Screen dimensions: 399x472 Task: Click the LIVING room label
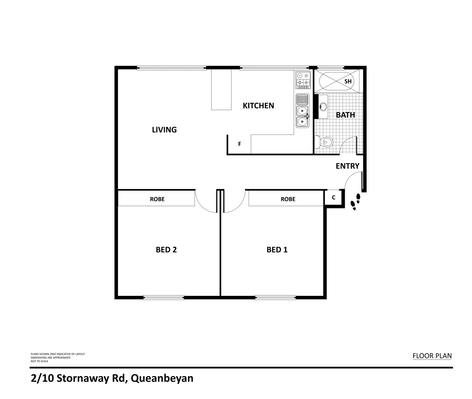(x=164, y=130)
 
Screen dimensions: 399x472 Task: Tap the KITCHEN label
(x=258, y=106)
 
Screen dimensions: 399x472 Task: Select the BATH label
(x=345, y=115)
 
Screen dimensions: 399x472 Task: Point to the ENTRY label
(x=347, y=166)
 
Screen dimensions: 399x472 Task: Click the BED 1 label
(x=277, y=250)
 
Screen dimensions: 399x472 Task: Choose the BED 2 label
(x=166, y=250)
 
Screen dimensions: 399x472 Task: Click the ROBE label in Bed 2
(x=157, y=199)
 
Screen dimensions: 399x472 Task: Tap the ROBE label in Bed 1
(x=288, y=199)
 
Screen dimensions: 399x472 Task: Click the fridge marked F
(x=239, y=144)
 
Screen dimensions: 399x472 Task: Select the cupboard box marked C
(x=333, y=198)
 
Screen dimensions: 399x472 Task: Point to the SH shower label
(x=348, y=81)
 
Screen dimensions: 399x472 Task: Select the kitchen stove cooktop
(x=303, y=80)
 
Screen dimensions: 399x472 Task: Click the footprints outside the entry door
(x=355, y=201)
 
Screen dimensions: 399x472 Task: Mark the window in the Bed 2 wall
(x=163, y=297)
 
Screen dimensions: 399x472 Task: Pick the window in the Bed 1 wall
(x=275, y=297)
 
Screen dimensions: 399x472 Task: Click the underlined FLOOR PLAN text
(x=432, y=356)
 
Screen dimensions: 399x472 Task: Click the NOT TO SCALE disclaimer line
(x=39, y=361)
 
